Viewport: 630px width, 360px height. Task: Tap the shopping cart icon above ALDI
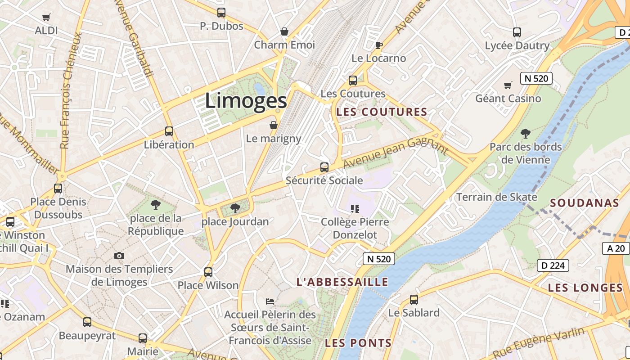(x=46, y=18)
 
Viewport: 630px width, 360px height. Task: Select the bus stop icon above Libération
(x=169, y=131)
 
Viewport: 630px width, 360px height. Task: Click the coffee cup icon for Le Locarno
(x=379, y=45)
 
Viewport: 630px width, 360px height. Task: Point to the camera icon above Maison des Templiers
(x=119, y=256)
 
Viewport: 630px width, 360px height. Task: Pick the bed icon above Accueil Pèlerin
(x=270, y=301)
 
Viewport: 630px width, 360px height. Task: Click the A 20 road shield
(x=616, y=248)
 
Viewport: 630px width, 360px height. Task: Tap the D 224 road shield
(x=553, y=265)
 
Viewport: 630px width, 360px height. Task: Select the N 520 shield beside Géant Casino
(x=536, y=78)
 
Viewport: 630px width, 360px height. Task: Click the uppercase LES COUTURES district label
(x=382, y=112)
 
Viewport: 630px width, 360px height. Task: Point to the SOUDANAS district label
(x=585, y=203)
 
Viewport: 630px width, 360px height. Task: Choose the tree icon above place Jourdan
(x=235, y=208)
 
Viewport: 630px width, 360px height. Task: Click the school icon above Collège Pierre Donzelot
(x=355, y=209)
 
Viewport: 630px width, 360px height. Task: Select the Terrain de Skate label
(x=497, y=197)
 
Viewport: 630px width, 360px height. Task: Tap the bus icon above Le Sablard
(x=414, y=300)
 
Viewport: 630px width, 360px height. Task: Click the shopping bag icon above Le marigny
(x=274, y=125)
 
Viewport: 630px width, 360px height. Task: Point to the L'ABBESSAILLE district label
(x=342, y=282)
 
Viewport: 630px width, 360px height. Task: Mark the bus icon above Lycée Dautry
(x=517, y=32)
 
